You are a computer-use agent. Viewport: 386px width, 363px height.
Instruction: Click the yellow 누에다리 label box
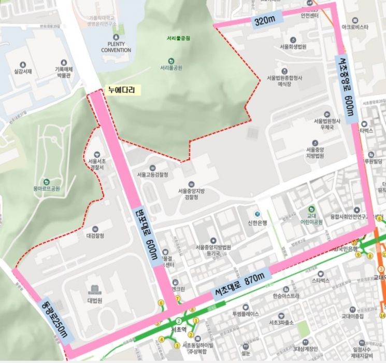tap(121, 90)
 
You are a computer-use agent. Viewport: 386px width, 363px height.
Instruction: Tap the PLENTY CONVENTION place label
tap(116, 47)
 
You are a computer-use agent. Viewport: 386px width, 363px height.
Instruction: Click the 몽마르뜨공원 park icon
tap(47, 181)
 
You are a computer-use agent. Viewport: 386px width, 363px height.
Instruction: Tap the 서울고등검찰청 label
tap(152, 175)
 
